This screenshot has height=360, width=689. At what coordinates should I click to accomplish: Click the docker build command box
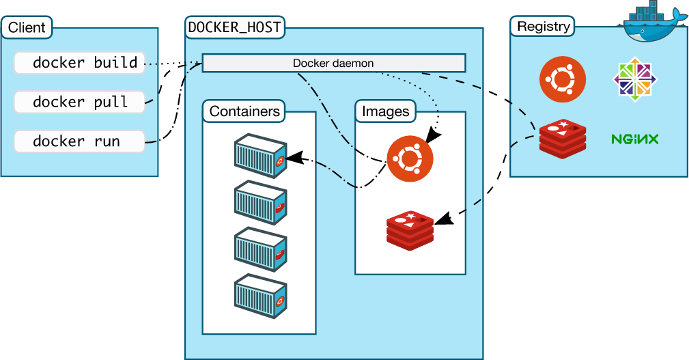point(79,63)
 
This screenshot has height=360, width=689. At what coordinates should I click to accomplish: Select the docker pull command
point(79,102)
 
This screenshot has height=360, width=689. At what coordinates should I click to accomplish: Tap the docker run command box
point(79,141)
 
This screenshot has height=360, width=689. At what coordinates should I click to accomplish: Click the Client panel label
point(27,28)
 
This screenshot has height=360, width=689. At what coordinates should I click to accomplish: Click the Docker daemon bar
point(333,64)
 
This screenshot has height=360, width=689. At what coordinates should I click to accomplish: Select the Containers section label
point(244,111)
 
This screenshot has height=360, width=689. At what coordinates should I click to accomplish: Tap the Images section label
point(385,111)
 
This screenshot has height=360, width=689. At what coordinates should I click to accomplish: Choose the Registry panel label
point(543,27)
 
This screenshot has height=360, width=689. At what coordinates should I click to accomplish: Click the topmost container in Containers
point(260,156)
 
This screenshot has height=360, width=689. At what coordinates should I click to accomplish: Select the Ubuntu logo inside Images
point(410,159)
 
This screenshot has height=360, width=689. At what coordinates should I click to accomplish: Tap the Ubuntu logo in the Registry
point(563,79)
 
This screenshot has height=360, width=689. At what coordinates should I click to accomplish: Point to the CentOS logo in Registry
point(635,79)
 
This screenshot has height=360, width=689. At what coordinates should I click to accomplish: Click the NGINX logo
point(634,139)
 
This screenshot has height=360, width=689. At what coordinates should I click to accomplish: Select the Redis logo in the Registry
point(563,139)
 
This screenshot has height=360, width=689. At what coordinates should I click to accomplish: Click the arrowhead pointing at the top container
point(293,158)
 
